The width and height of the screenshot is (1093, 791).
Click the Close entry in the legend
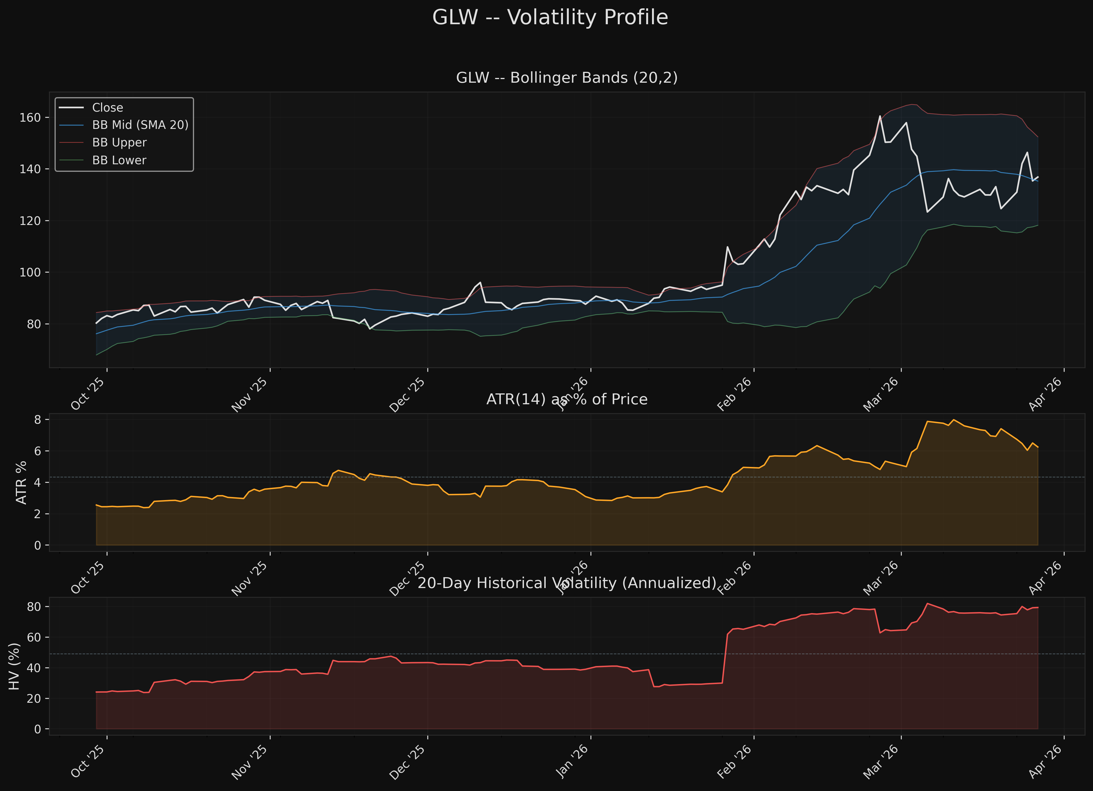point(107,107)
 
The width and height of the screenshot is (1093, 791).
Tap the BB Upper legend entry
point(119,143)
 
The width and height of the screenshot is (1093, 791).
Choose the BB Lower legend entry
point(119,161)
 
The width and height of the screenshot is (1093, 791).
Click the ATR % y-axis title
point(21,483)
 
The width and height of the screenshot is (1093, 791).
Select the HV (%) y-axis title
point(14,666)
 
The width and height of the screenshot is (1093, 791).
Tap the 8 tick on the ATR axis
point(38,419)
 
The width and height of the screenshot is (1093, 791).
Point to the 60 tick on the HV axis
point(34,637)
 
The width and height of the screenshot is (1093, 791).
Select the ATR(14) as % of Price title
point(567,399)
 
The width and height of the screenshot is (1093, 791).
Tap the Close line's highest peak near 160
point(880,116)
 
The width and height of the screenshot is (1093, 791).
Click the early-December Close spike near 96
point(480,283)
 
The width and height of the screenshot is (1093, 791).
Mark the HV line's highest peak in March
point(927,604)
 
